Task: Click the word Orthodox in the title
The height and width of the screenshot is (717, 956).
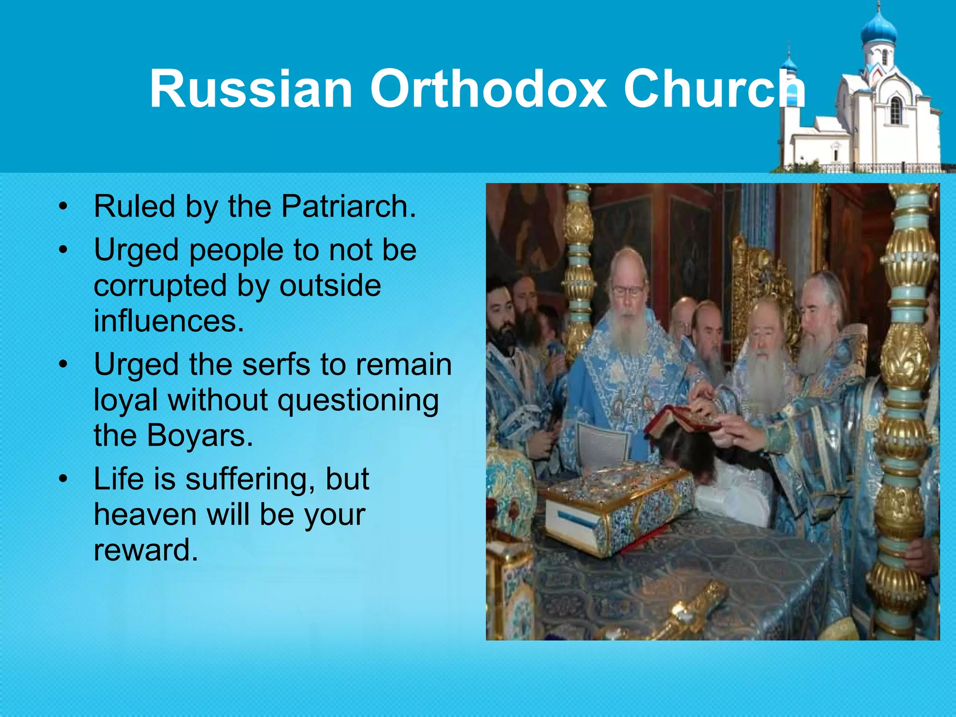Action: [x=488, y=89]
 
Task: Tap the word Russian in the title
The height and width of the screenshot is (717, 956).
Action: [x=251, y=89]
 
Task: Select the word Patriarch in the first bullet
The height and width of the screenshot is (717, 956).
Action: [x=348, y=206]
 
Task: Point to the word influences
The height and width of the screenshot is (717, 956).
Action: [x=169, y=321]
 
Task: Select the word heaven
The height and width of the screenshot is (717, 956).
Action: [x=145, y=514]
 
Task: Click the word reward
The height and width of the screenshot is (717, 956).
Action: [x=145, y=550]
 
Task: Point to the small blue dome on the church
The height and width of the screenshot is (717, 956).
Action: [x=789, y=64]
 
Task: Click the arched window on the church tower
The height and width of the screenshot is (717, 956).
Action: [x=895, y=111]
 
